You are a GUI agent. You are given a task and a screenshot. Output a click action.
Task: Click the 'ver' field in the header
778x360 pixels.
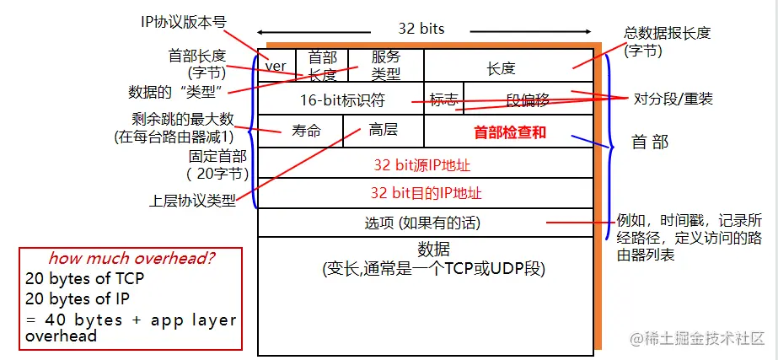click(276, 66)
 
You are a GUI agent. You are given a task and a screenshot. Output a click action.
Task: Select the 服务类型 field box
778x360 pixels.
click(385, 65)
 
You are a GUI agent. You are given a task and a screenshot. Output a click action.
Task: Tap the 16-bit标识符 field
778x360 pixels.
click(342, 99)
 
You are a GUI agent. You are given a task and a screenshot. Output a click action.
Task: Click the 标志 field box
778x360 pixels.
click(443, 99)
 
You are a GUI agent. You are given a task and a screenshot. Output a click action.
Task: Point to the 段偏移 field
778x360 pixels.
click(528, 99)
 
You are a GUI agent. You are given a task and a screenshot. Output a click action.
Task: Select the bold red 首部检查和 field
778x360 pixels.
click(510, 132)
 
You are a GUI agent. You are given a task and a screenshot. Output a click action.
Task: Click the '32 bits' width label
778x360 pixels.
click(421, 29)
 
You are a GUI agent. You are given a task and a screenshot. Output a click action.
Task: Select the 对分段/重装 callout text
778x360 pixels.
click(673, 99)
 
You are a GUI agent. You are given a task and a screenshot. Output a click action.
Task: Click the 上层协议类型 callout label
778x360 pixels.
click(192, 201)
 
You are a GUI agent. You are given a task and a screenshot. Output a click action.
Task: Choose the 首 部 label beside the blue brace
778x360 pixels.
click(650, 142)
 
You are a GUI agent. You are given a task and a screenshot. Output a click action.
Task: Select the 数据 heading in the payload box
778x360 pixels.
click(433, 250)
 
